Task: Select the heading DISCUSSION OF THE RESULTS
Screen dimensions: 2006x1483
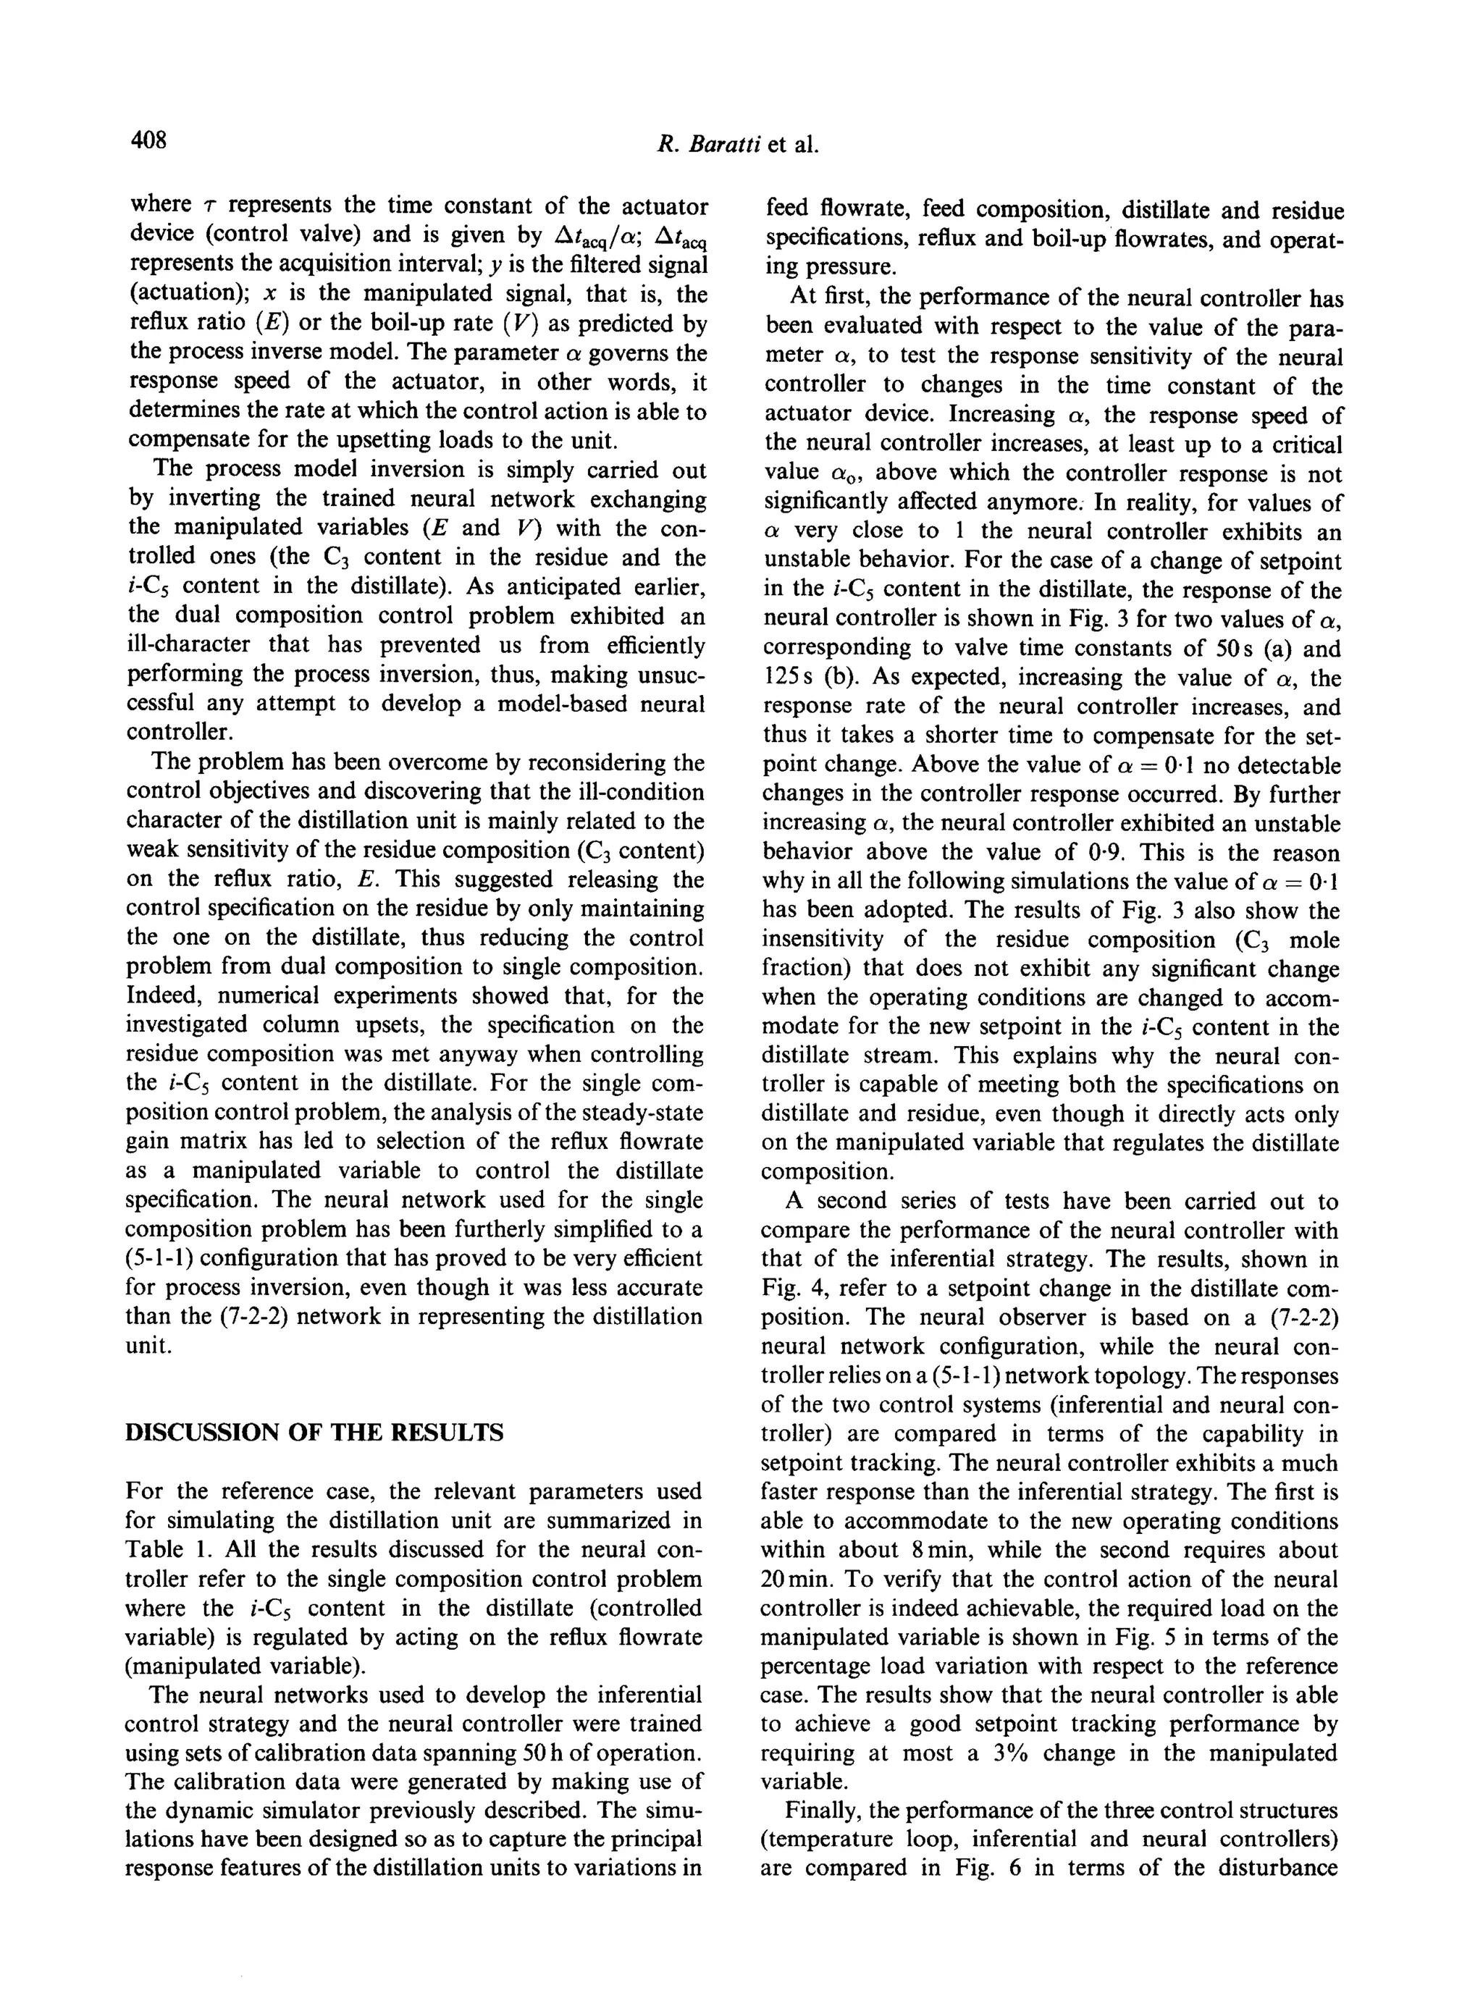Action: click(x=314, y=1432)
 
